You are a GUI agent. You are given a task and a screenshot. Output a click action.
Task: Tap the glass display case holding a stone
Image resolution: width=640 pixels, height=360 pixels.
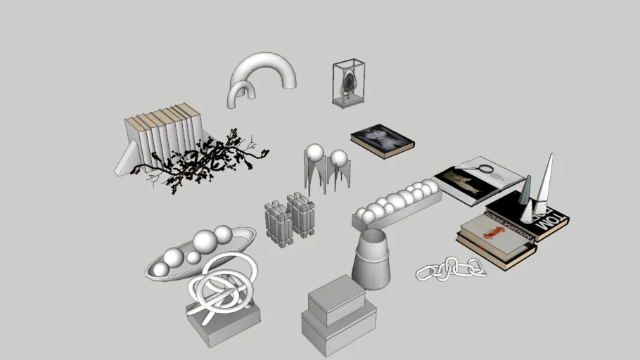coord(349,83)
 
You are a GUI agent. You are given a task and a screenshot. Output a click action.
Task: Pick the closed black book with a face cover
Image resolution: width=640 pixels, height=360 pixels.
coord(382,139)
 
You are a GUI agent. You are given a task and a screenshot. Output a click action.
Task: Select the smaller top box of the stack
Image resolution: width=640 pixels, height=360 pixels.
coord(337,297)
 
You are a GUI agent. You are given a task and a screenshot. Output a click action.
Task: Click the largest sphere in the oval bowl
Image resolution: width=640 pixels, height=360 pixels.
coord(206,243)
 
